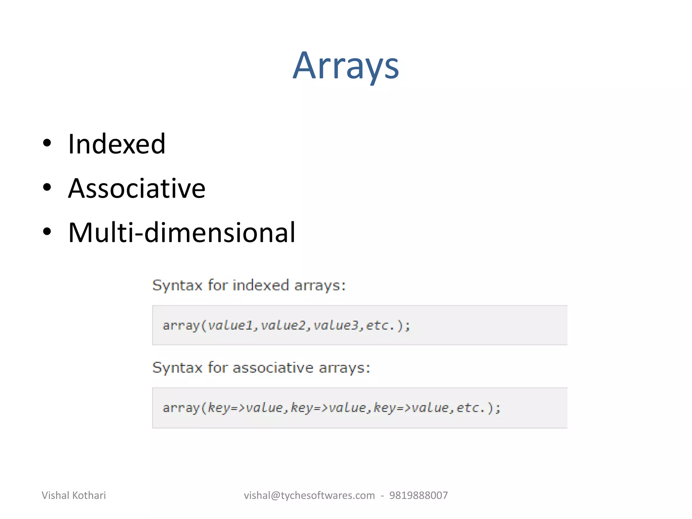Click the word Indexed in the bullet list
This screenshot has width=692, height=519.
pos(117,144)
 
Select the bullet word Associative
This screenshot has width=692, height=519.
pos(137,189)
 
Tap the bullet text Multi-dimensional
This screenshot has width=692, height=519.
pos(182,232)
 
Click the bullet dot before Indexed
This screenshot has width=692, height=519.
pos(47,143)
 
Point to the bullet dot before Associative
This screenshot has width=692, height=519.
pos(47,188)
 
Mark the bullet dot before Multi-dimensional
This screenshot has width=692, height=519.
pos(47,232)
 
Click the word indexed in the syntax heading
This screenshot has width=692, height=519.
pos(261,285)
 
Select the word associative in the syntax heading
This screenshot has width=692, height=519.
pos(273,368)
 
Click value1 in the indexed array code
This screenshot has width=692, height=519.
pos(230,325)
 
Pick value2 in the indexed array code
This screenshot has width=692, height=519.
pos(283,325)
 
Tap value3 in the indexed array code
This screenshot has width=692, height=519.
pos(336,325)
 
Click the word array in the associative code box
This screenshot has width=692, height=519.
pos(181,408)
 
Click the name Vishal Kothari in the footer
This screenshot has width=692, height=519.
pos(74,495)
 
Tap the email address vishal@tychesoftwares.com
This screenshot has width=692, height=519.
pos(309,495)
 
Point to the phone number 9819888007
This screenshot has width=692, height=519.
pos(418,495)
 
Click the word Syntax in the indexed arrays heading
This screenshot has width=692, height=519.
pos(177,286)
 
